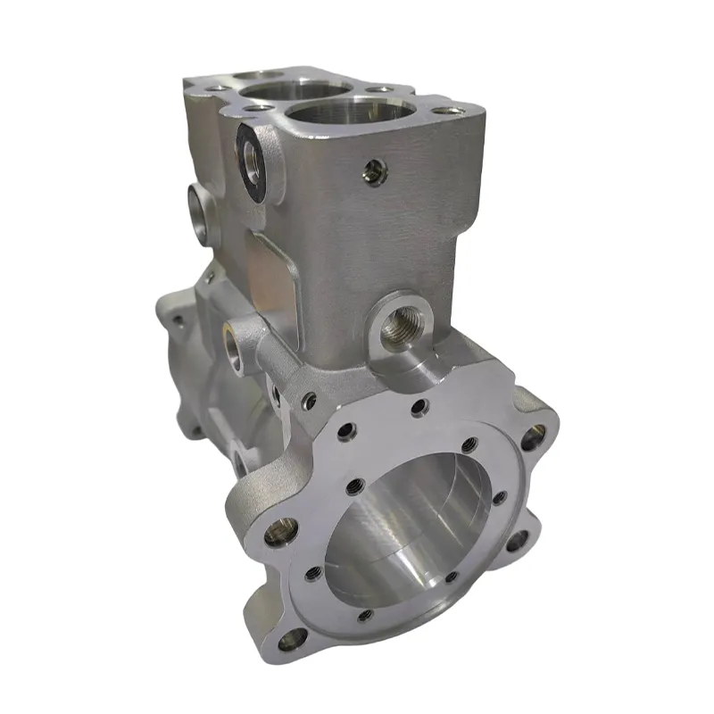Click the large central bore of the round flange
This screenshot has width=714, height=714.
406,527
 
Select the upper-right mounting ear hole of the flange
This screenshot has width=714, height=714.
532,436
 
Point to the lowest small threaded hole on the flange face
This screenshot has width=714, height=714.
363,616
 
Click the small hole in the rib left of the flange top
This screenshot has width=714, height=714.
309,402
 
